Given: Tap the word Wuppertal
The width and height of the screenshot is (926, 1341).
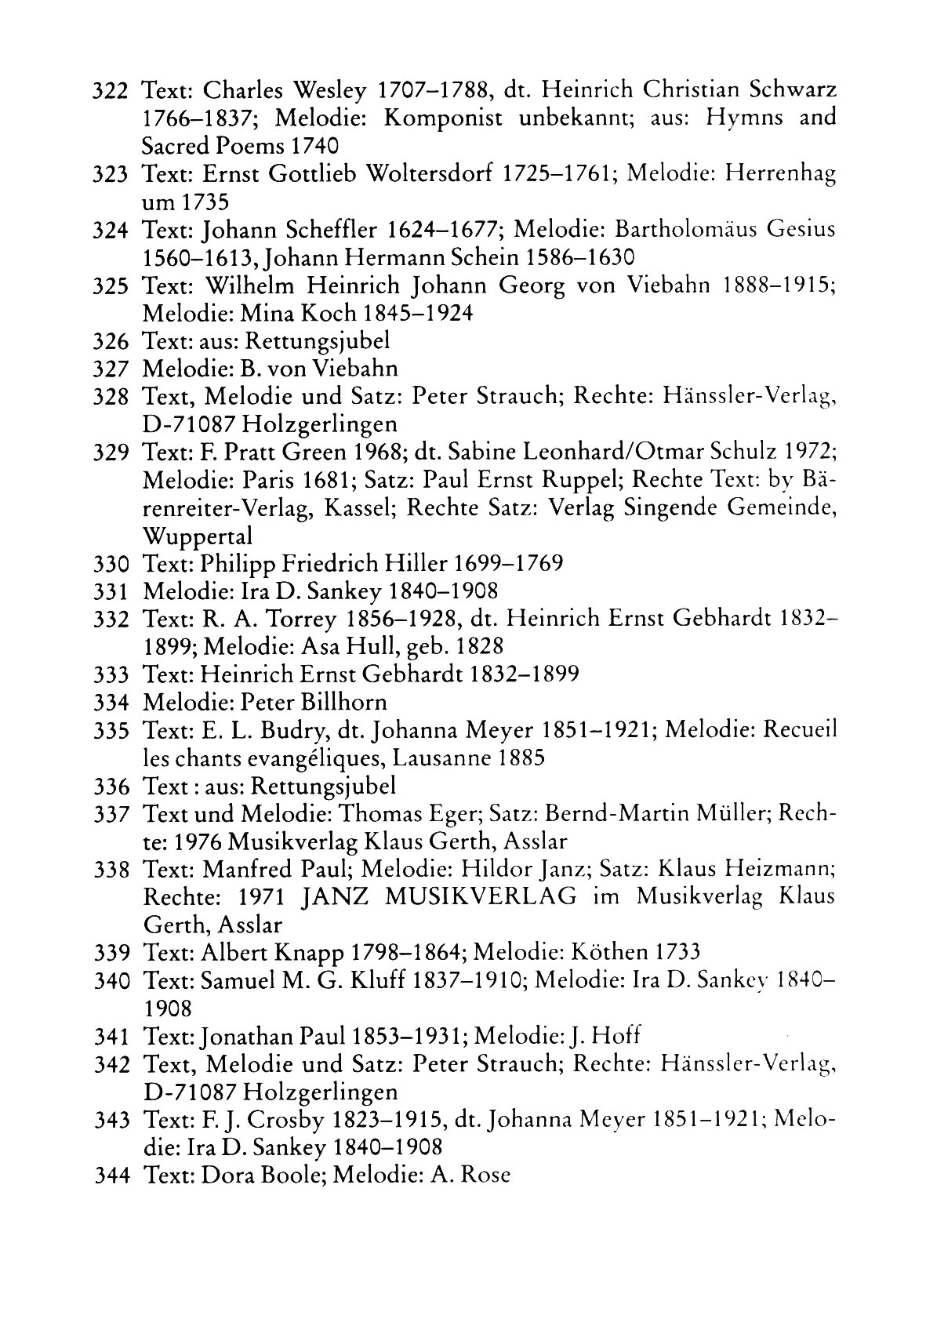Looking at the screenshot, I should [x=198, y=536].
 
